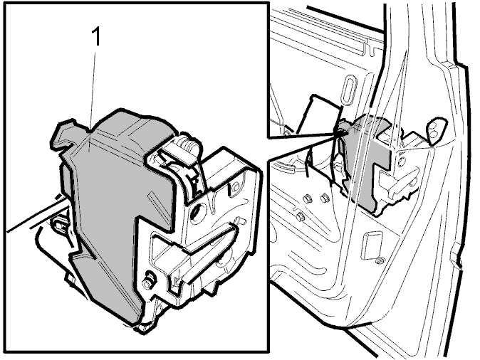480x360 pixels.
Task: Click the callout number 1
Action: tap(96, 36)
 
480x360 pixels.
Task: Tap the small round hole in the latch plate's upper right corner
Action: tap(236, 186)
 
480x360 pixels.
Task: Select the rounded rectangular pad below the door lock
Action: tap(372, 245)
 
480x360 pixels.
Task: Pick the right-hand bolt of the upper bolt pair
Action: tap(324, 198)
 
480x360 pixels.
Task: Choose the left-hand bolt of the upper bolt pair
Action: tap(306, 199)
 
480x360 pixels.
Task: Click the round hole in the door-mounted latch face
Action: tap(402, 161)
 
